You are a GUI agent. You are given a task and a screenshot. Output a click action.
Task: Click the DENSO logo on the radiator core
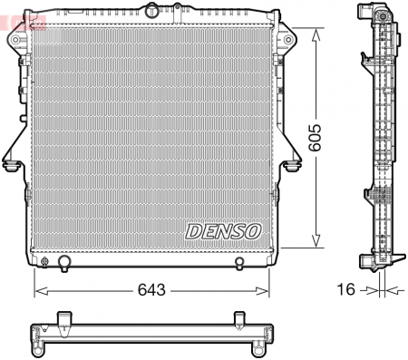(x=223, y=231)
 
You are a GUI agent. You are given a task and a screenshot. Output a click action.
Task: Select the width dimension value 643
(x=151, y=290)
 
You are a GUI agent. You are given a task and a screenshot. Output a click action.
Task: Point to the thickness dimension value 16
(x=345, y=290)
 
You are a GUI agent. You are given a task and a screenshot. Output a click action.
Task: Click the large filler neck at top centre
(x=151, y=12)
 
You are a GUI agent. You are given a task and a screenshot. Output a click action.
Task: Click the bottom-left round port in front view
(x=63, y=264)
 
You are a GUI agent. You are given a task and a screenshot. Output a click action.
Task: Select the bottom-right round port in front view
(x=238, y=264)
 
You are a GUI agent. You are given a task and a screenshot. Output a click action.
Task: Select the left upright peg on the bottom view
(x=63, y=318)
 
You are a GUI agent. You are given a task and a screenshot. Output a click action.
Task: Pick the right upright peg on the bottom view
(x=238, y=318)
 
